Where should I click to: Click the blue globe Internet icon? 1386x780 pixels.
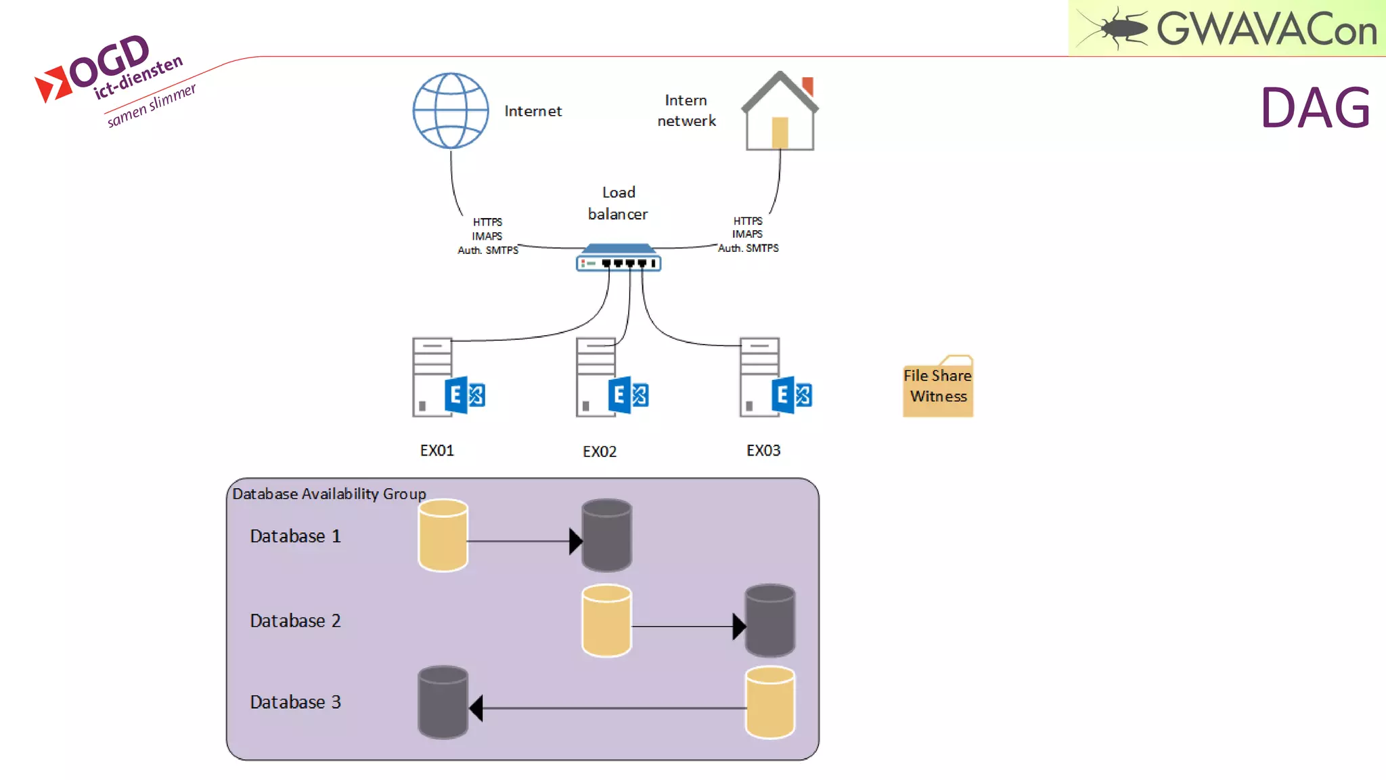[x=451, y=110]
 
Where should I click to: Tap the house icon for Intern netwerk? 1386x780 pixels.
[x=780, y=112]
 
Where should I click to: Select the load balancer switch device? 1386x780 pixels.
[x=618, y=259]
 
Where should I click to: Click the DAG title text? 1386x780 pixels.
[x=1315, y=108]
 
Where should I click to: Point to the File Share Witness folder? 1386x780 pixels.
[x=938, y=387]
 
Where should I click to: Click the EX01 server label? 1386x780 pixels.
[x=437, y=450]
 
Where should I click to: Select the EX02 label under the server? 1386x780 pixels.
[x=600, y=452]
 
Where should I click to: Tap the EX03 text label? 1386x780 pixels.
[x=763, y=450]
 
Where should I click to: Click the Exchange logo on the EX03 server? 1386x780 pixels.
[x=791, y=395]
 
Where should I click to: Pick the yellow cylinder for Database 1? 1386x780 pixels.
[x=443, y=536]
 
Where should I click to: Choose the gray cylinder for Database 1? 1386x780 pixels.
[x=607, y=536]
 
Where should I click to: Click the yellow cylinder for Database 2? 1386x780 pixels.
[x=606, y=620]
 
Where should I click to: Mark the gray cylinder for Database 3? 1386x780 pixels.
[x=443, y=702]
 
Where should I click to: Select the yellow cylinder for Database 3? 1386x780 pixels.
[x=770, y=702]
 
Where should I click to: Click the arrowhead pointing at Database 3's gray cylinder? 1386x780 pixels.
[x=476, y=708]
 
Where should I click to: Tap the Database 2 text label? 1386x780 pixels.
[x=295, y=620]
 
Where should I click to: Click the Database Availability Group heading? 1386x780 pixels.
[x=329, y=494]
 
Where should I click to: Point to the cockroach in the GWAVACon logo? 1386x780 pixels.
[x=1115, y=28]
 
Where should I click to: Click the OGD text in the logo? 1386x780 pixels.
[x=110, y=61]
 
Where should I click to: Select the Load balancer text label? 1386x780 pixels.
[x=618, y=203]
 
